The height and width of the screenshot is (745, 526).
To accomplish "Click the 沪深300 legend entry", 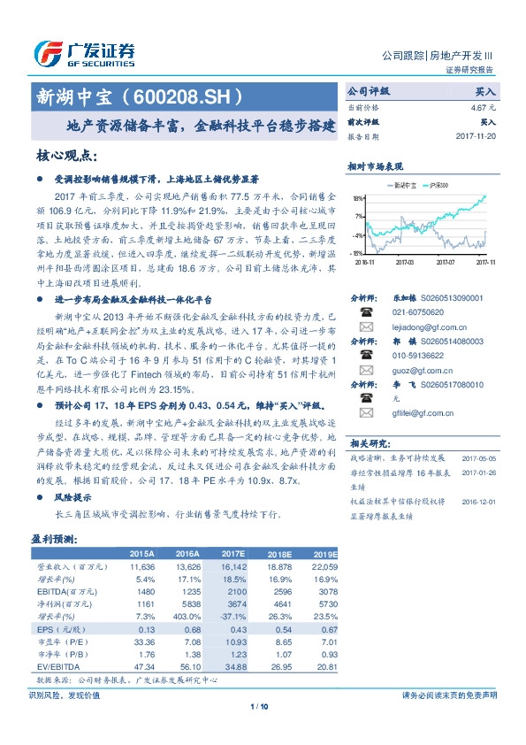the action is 438,185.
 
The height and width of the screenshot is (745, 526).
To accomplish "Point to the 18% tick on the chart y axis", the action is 358,199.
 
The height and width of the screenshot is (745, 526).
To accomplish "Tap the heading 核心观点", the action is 66,156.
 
